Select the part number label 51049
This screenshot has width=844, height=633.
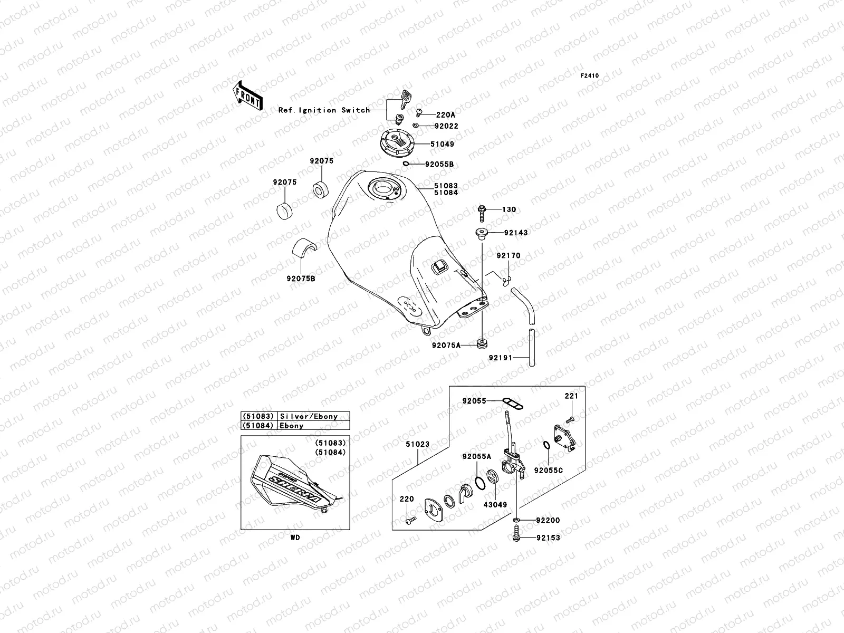(x=442, y=144)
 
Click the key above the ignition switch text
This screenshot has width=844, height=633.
(x=406, y=98)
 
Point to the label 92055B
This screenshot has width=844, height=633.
(x=439, y=164)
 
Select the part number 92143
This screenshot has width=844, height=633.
(x=515, y=232)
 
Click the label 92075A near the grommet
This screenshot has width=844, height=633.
(x=446, y=346)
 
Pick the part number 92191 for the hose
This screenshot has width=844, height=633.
(x=501, y=357)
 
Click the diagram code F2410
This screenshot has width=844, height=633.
(x=590, y=76)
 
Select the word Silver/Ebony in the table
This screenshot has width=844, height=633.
(x=316, y=416)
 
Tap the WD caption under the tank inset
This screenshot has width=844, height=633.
(x=294, y=538)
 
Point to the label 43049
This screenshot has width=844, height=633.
(x=495, y=505)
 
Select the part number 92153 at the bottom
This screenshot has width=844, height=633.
(x=548, y=538)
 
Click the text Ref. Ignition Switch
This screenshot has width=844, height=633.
(x=324, y=110)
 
